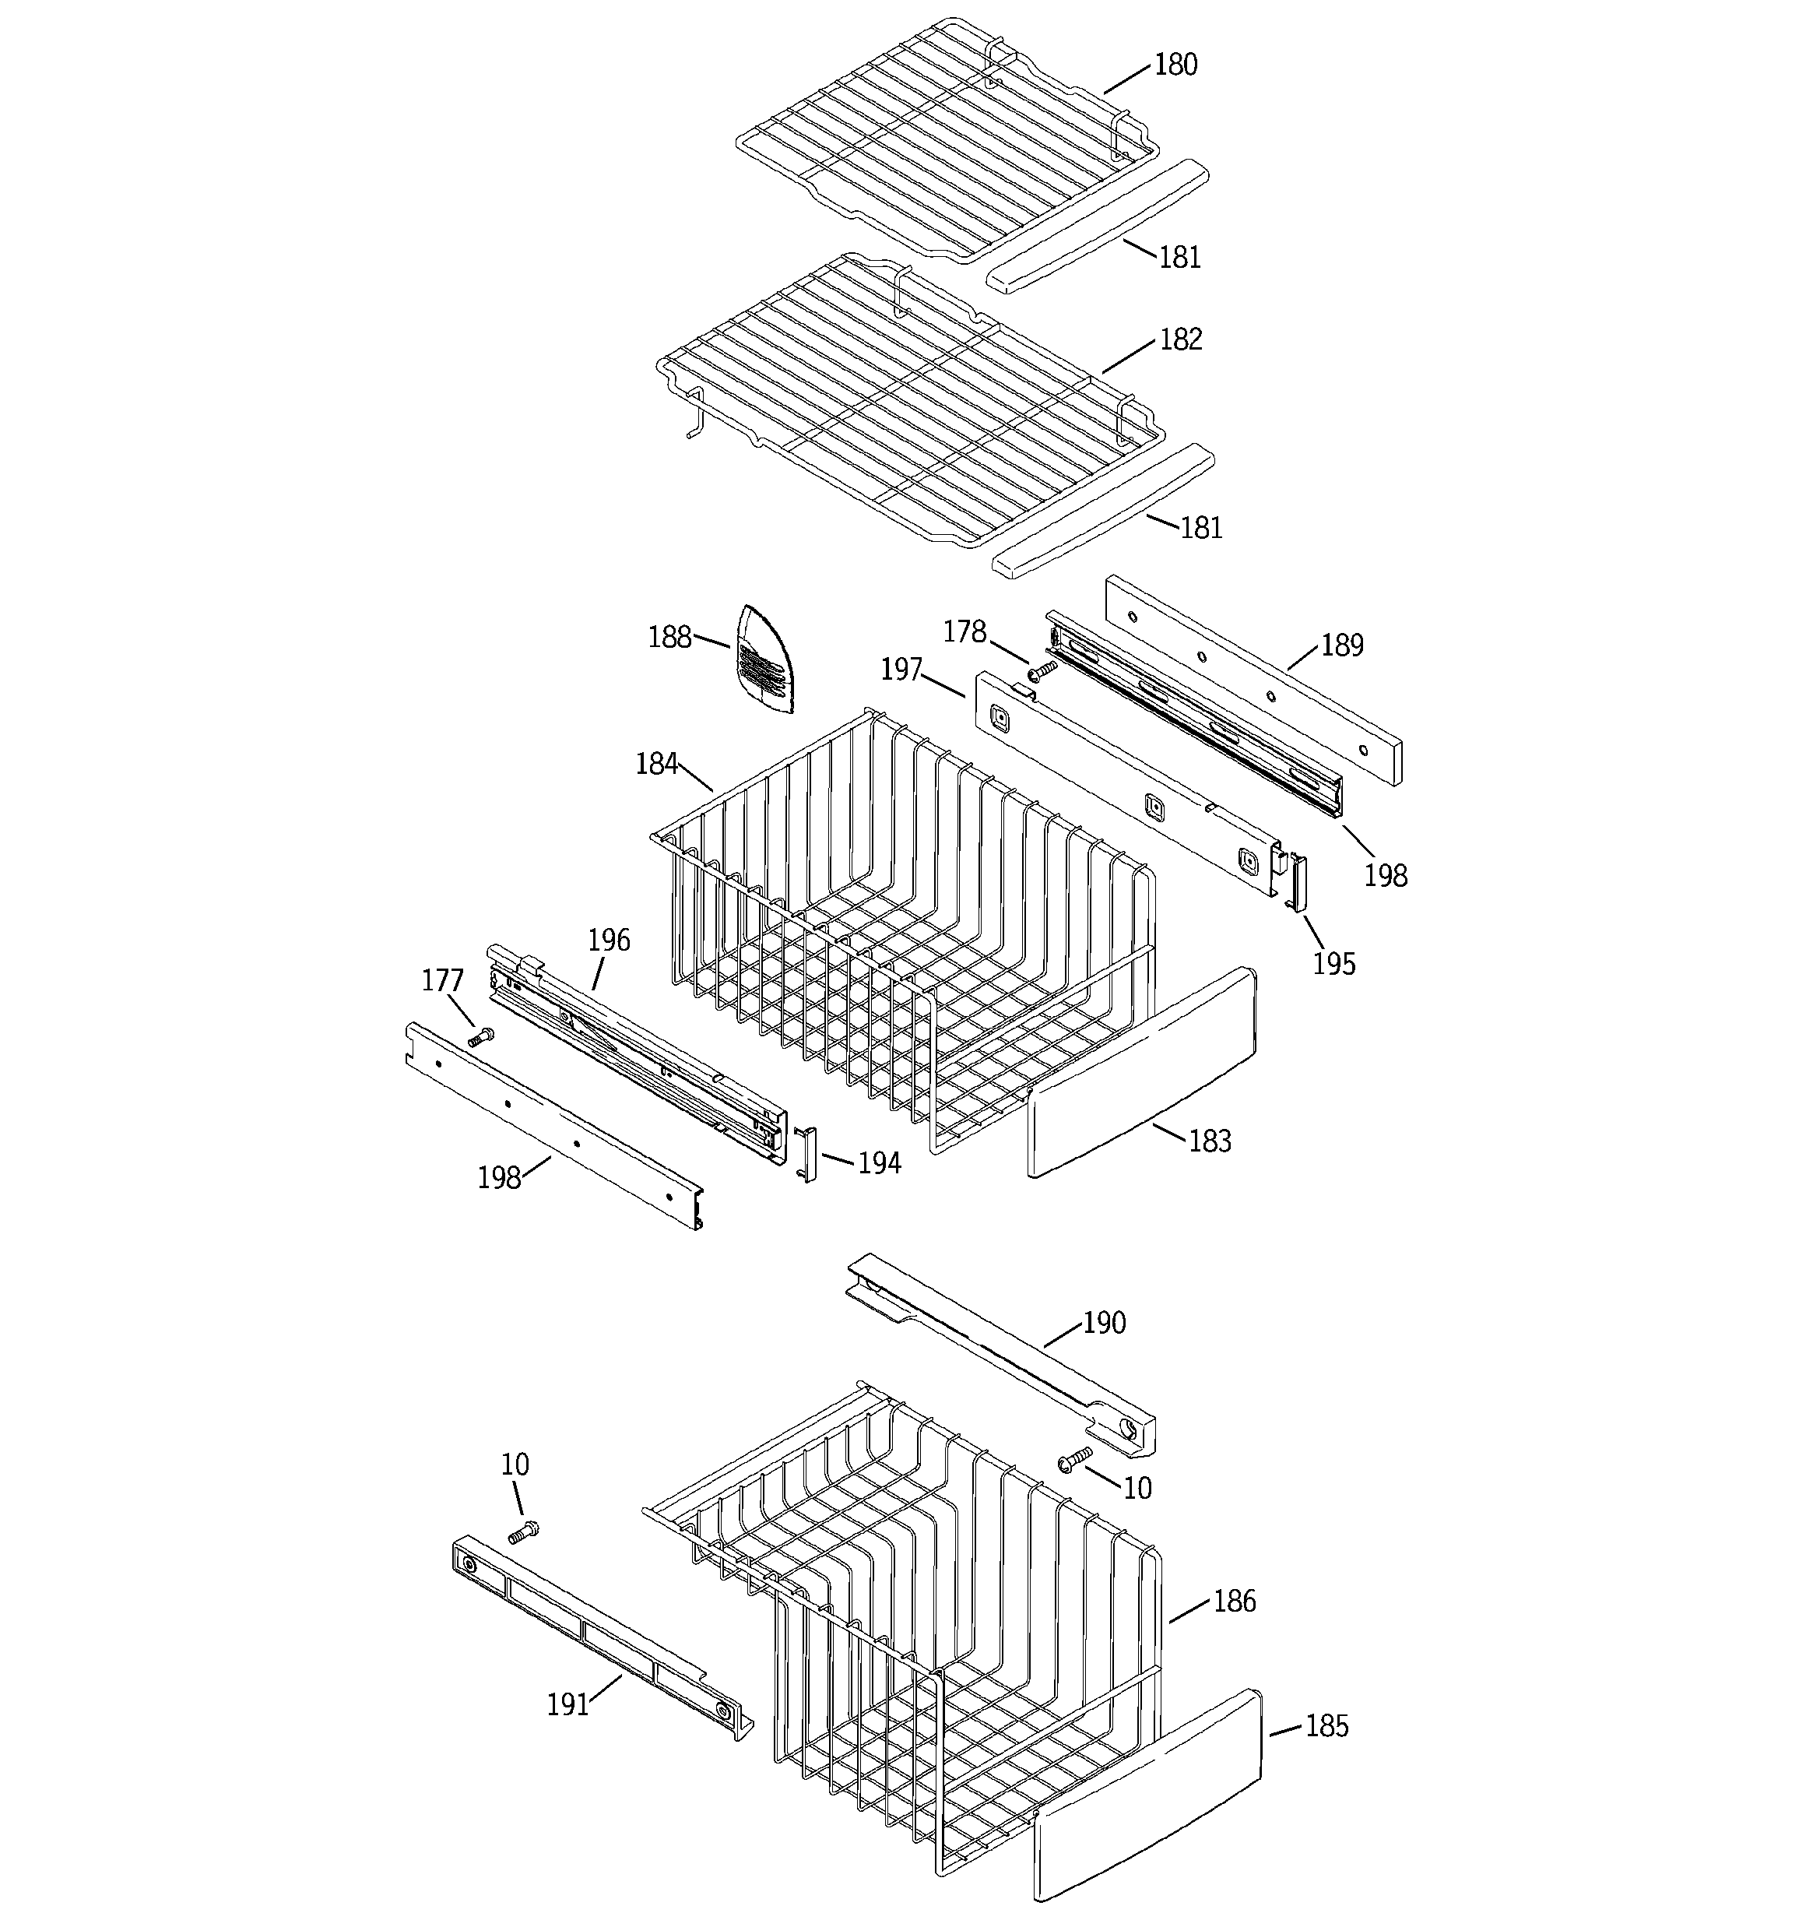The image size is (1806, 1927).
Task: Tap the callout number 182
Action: pos(1181,339)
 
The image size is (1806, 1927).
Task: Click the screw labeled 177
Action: pos(480,1036)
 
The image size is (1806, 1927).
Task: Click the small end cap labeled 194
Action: pos(806,1154)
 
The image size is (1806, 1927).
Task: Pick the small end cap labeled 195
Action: pos(1296,881)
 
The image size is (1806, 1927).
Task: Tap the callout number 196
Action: pos(609,941)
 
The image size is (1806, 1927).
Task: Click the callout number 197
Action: pos(901,669)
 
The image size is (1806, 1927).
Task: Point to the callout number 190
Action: pos(1104,1323)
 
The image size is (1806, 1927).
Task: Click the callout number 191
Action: pos(568,1704)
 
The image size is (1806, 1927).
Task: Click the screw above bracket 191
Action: pos(522,1532)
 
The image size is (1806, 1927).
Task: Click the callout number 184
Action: pos(656,764)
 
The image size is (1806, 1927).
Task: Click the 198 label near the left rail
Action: pos(499,1178)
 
